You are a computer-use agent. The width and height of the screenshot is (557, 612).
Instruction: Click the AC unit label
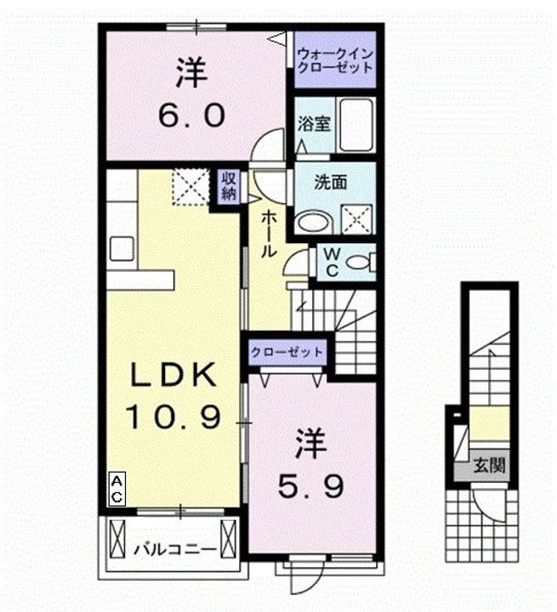[x=117, y=489]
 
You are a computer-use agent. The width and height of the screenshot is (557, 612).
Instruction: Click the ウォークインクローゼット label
[x=334, y=60]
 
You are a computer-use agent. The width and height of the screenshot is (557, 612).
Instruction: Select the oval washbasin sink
[x=313, y=223]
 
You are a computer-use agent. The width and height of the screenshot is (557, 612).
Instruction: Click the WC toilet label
[x=331, y=262]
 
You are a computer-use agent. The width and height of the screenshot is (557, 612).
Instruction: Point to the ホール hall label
[x=266, y=234]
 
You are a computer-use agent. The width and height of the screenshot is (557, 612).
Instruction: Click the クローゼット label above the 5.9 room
[x=287, y=352]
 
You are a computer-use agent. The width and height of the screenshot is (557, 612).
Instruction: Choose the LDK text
[x=175, y=375]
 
